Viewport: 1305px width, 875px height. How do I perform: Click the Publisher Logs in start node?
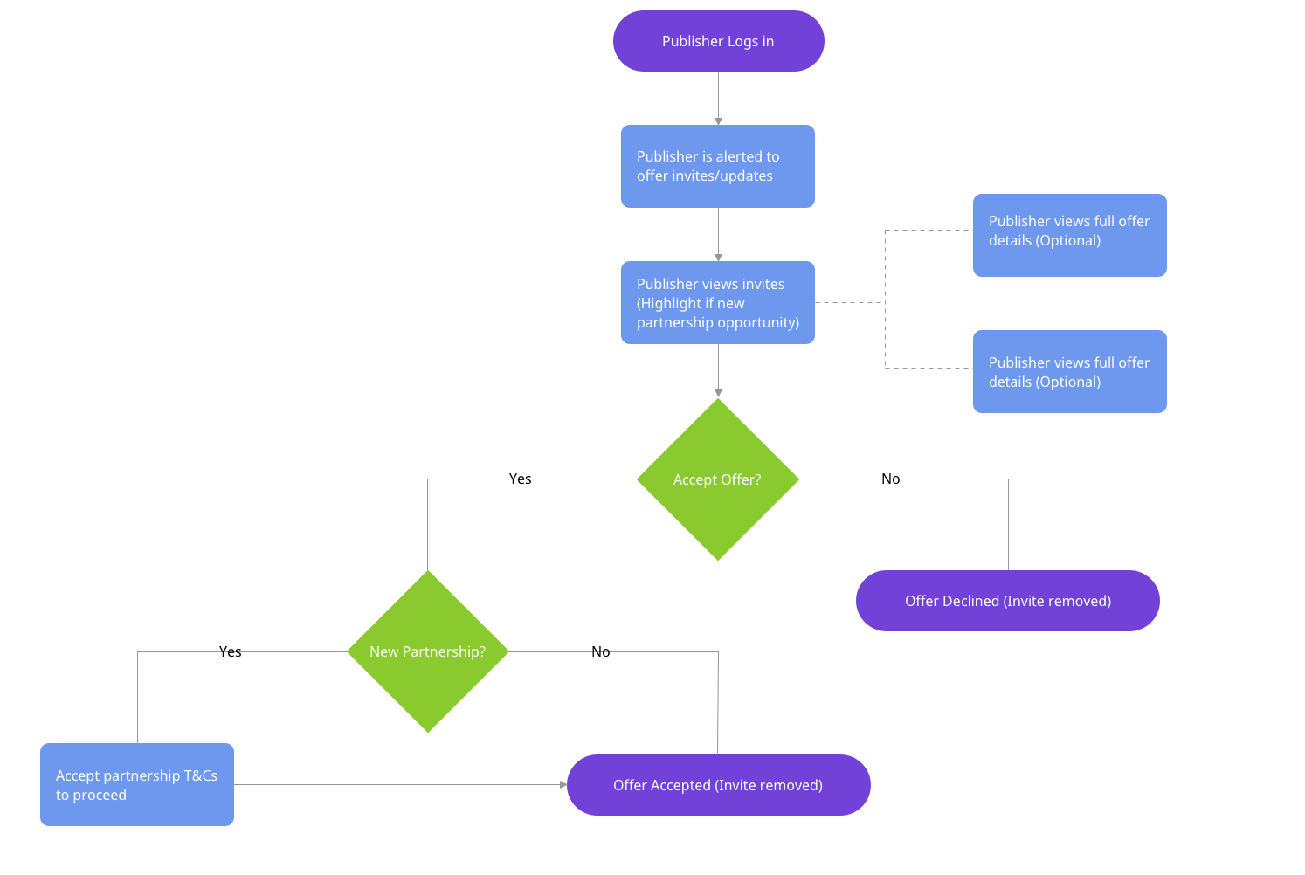[718, 41]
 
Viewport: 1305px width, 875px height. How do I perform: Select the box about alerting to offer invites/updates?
[718, 166]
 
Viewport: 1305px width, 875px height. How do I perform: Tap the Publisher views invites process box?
[718, 302]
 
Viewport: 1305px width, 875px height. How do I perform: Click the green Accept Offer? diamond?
[718, 479]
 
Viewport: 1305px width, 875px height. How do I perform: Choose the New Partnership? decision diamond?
[428, 651]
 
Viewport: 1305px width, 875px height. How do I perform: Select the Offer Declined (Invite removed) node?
[1007, 601]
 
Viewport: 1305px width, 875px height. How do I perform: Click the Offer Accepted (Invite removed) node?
[718, 785]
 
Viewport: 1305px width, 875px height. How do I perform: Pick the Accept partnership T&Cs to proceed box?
[137, 784]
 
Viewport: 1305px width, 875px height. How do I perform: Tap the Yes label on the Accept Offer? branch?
[520, 479]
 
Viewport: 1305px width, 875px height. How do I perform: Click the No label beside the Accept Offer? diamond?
[890, 479]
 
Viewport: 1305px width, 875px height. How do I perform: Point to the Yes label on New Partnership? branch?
[230, 651]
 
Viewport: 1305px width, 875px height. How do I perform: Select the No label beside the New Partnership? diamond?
[600, 651]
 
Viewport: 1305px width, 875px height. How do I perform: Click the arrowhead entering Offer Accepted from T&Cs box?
[563, 784]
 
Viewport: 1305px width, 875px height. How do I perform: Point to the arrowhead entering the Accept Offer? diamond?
[718, 394]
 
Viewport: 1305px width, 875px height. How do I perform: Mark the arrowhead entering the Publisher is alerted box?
[718, 121]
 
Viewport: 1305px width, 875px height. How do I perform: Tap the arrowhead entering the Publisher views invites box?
[718, 258]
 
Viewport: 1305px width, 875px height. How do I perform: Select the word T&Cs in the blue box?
[200, 775]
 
